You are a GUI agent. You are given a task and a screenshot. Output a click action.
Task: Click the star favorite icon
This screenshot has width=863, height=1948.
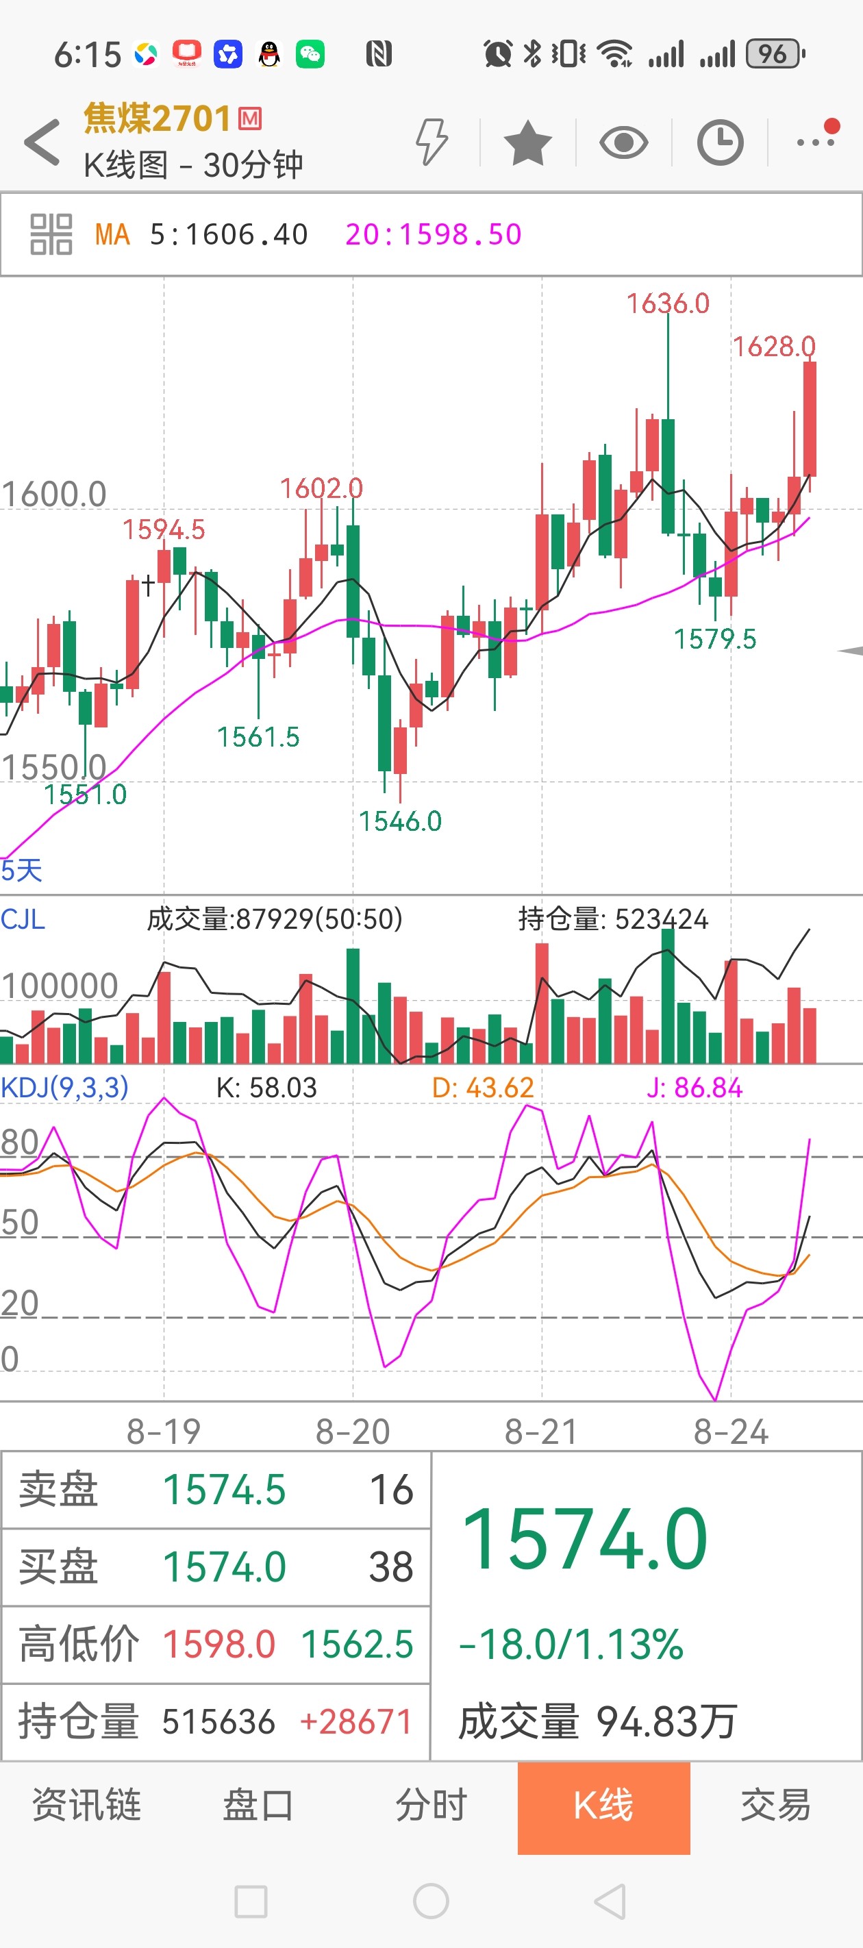pyautogui.click(x=527, y=142)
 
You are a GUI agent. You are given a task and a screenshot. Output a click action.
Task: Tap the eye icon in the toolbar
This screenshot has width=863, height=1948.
pyautogui.click(x=623, y=142)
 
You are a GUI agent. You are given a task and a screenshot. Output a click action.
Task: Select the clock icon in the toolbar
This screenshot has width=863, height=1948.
pyautogui.click(x=719, y=142)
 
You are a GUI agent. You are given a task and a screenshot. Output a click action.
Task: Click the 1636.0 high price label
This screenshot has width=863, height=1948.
pyautogui.click(x=668, y=304)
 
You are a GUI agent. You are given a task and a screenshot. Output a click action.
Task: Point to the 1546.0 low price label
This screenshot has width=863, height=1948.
pyautogui.click(x=400, y=821)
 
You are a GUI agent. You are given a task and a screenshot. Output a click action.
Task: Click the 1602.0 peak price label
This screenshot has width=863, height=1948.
pyautogui.click(x=321, y=488)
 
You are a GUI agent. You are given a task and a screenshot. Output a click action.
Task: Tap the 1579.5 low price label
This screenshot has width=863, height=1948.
pyautogui.click(x=715, y=639)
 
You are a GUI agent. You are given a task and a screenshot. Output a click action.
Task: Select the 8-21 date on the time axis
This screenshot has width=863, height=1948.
pyautogui.click(x=542, y=1432)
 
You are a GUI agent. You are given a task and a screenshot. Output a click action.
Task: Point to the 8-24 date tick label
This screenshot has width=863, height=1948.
pyautogui.click(x=731, y=1432)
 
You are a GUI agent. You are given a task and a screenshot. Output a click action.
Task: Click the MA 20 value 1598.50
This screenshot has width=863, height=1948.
pyautogui.click(x=434, y=234)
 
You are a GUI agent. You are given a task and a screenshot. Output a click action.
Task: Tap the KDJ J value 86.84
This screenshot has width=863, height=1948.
pyautogui.click(x=695, y=1088)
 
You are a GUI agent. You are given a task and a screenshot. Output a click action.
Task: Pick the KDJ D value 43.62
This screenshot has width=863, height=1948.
pyautogui.click(x=483, y=1088)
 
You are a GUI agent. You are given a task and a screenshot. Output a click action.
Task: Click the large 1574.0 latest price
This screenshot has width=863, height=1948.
pyautogui.click(x=585, y=1540)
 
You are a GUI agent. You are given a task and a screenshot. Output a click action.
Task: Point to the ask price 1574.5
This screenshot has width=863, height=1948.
pyautogui.click(x=225, y=1490)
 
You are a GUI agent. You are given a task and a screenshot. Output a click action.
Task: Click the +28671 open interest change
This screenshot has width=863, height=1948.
pyautogui.click(x=355, y=1723)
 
